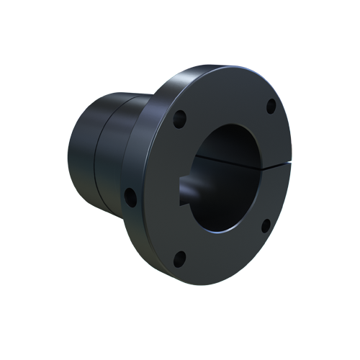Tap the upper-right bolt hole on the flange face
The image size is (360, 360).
click(x=271, y=106)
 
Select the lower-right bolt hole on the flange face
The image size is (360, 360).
click(x=265, y=225)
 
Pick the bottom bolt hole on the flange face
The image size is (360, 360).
click(x=180, y=256)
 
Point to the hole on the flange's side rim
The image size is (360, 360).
click(x=129, y=194)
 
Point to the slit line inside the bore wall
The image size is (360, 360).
click(x=216, y=154)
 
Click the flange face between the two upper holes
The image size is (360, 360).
click(x=227, y=97)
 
